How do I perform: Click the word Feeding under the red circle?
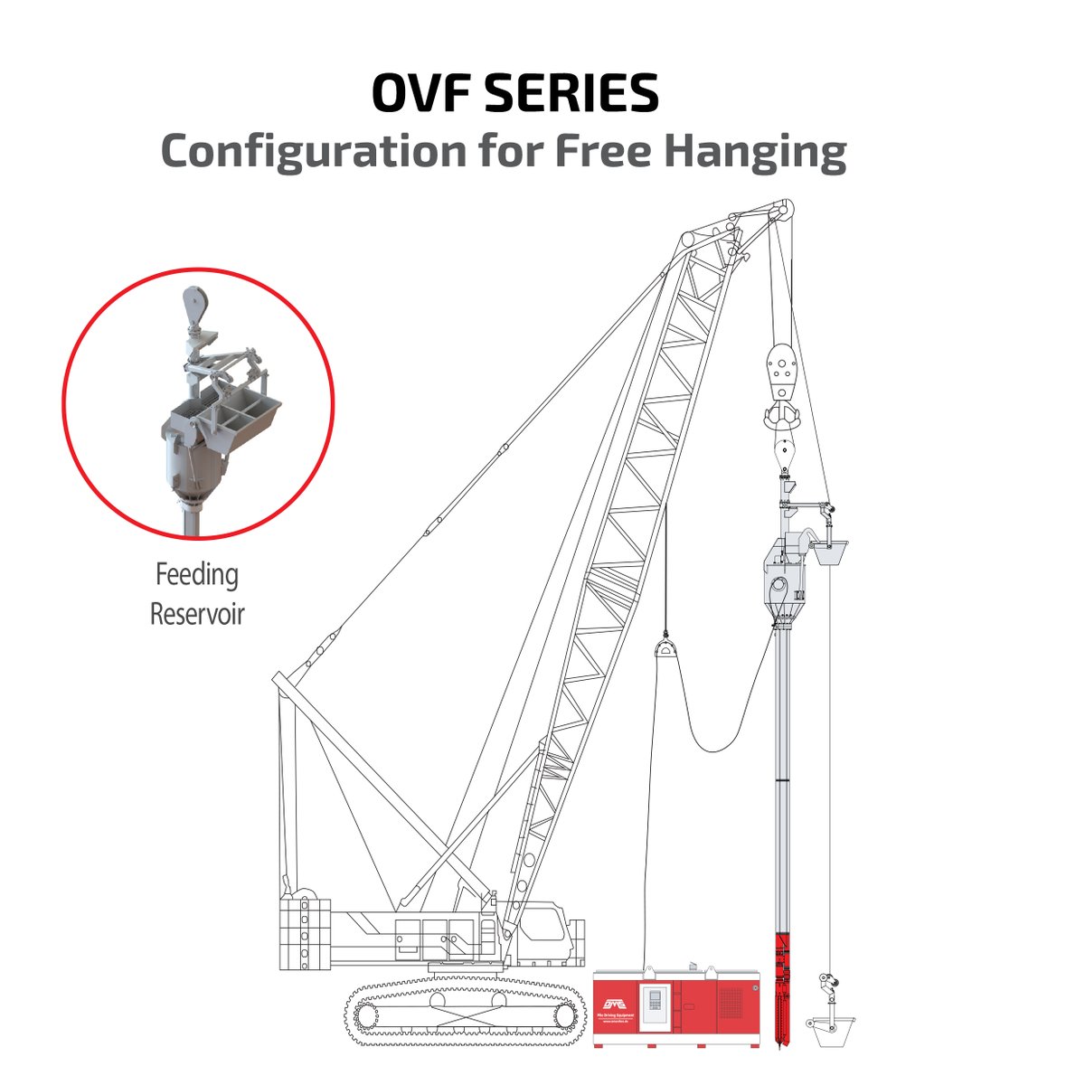196,575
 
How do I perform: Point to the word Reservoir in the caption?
196,614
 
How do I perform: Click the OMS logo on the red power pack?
615,1004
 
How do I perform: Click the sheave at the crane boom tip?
782,209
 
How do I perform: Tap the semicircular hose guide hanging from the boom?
665,651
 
